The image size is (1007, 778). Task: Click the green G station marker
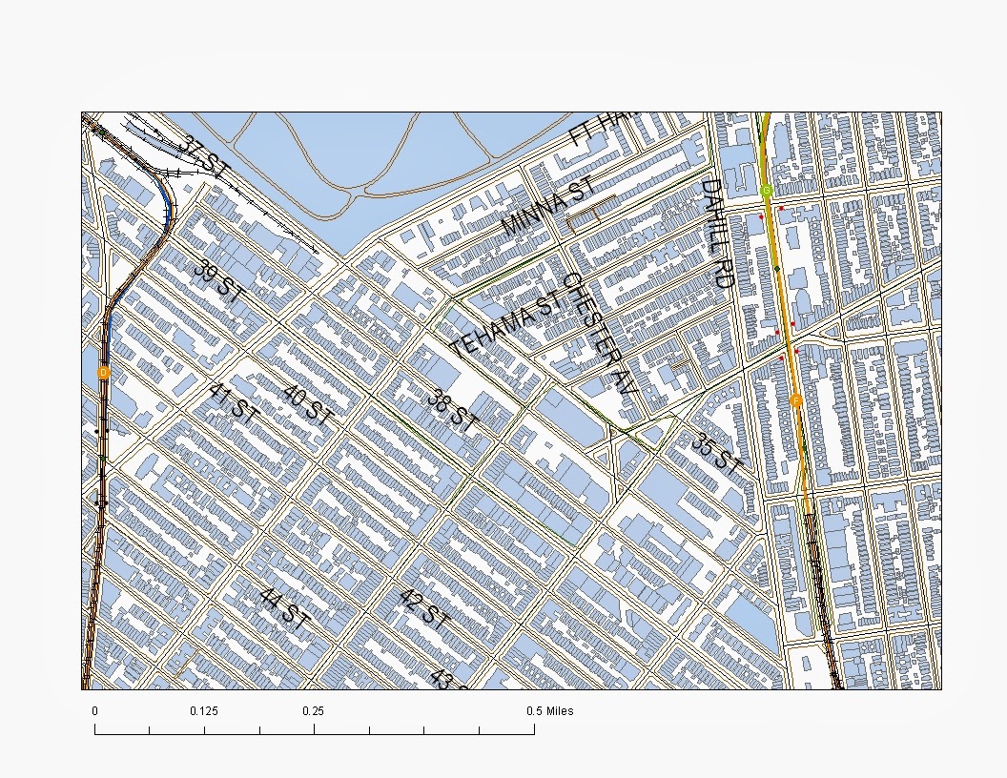767,191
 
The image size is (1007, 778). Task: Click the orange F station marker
795,400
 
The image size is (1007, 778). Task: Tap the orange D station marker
104,372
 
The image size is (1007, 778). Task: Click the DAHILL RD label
716,234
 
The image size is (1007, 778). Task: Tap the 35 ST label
716,454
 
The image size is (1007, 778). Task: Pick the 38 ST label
451,412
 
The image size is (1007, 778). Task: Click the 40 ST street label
306,405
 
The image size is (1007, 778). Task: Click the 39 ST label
217,281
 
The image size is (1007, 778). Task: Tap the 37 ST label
206,158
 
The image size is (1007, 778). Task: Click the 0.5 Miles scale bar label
550,711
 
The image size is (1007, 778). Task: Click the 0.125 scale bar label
204,711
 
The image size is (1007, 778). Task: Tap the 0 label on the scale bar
94,711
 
